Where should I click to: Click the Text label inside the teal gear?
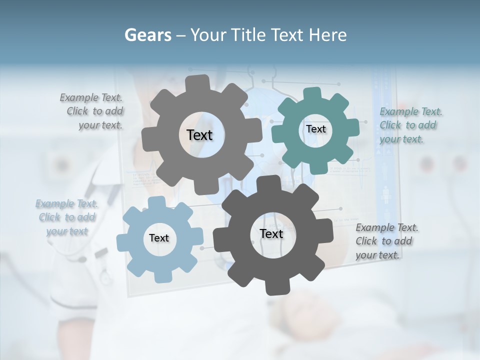[315, 129]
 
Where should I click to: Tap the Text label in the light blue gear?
[159, 238]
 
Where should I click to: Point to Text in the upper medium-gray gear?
[199, 135]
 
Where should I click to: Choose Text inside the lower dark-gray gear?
[271, 233]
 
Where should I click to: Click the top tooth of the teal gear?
[311, 94]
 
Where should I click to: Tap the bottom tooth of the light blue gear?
[163, 276]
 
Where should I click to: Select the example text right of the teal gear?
[410, 125]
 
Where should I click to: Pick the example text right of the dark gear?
[386, 241]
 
